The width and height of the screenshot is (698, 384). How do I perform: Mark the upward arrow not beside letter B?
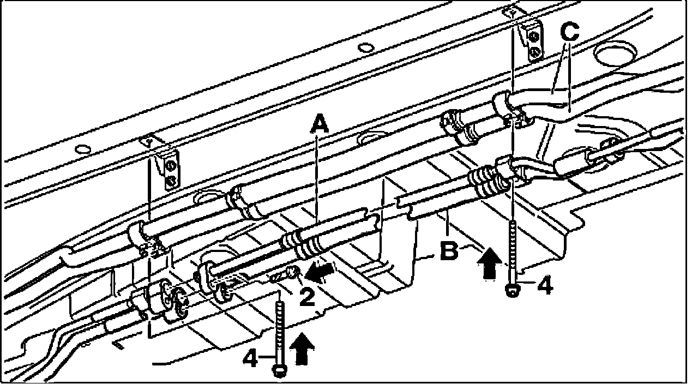point(304,350)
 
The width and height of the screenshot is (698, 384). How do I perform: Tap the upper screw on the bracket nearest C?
point(534,37)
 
